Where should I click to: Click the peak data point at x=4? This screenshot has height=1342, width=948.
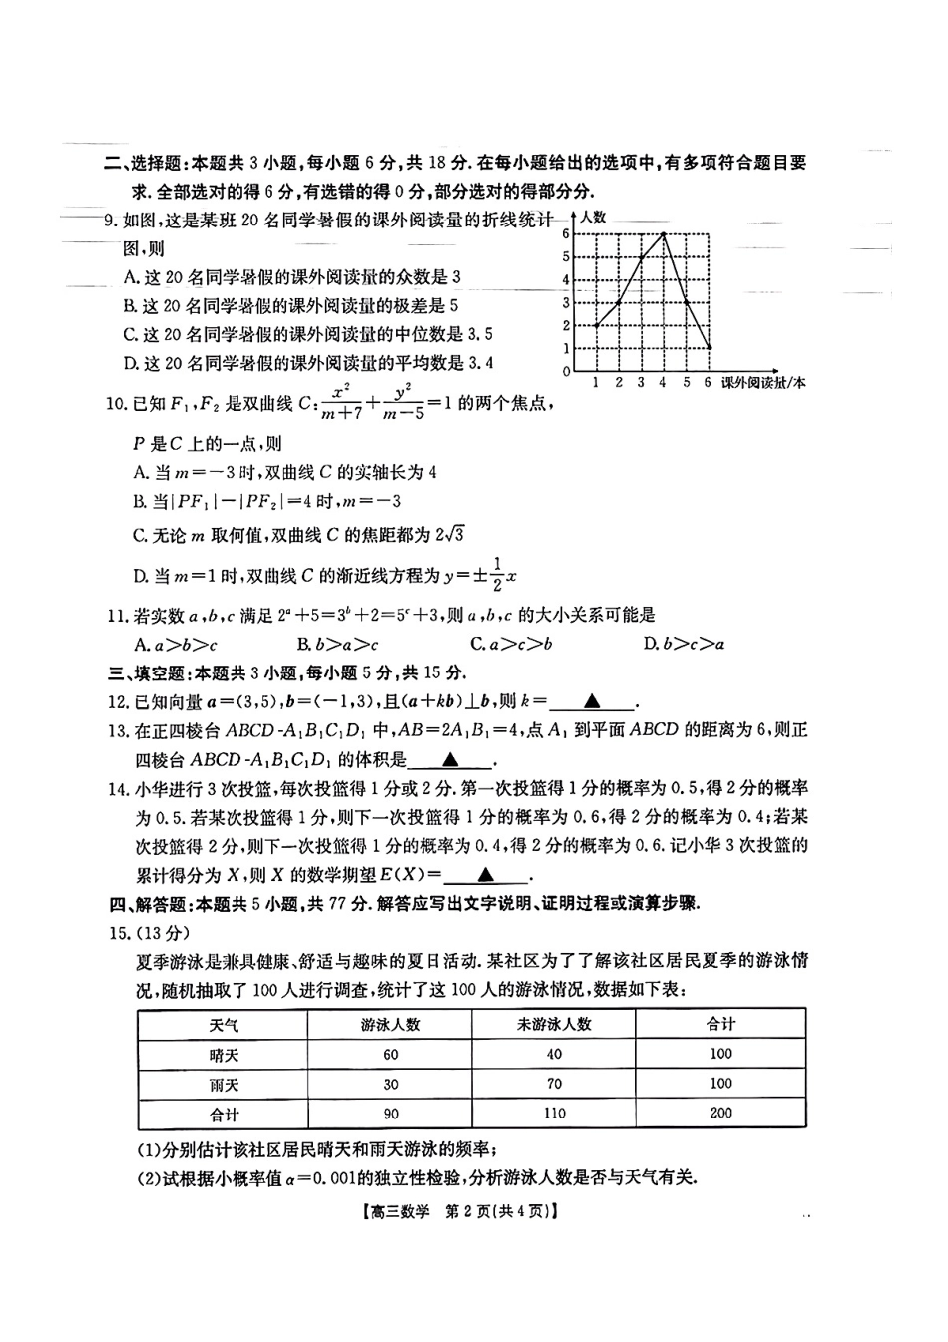pos(664,233)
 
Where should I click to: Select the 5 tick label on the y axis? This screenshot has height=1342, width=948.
pos(566,256)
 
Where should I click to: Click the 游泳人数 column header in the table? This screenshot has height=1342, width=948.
pos(390,1025)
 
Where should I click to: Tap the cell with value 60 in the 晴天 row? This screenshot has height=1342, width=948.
pos(390,1055)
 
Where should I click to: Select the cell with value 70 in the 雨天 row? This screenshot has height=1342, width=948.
pos(554,1084)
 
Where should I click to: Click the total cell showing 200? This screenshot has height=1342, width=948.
pos(720,1113)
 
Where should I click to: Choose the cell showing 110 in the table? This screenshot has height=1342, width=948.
pos(554,1114)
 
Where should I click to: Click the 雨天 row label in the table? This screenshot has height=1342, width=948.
pos(224,1085)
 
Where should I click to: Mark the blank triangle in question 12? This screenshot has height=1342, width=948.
pos(591,702)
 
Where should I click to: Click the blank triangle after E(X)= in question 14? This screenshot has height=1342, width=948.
pos(485,876)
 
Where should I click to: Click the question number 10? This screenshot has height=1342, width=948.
pos(117,406)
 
